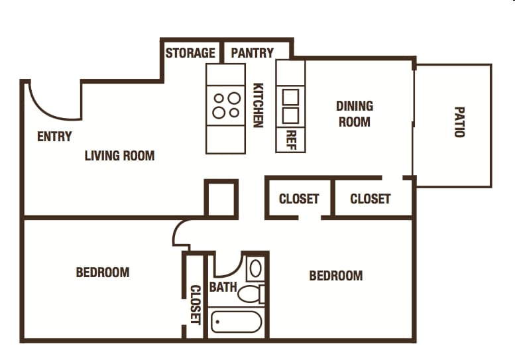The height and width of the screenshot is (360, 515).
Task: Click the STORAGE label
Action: [x=190, y=53]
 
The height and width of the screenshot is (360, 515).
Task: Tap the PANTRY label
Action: [x=253, y=53]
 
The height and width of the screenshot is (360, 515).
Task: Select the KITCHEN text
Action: [x=258, y=105]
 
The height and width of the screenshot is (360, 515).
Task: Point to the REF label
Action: [x=292, y=140]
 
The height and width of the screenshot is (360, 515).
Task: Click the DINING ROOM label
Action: [x=355, y=114]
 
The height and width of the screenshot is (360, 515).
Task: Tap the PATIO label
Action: [x=459, y=122]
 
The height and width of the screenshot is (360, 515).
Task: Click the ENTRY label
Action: [x=54, y=137]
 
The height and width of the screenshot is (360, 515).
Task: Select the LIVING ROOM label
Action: [x=119, y=156]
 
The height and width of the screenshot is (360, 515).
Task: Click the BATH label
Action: [x=223, y=287]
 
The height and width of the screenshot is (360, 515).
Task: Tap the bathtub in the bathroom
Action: [x=237, y=322]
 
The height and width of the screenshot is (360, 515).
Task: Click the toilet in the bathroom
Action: [x=251, y=294]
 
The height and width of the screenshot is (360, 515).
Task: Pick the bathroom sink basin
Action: [x=256, y=269]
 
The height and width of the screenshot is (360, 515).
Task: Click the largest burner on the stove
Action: [x=234, y=98]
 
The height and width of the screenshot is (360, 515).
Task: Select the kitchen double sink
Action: [x=291, y=106]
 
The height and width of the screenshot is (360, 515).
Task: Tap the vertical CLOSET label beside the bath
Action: [x=196, y=304]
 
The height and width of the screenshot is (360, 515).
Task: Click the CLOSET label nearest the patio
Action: [x=371, y=199]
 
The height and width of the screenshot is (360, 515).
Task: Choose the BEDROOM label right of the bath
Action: [x=336, y=276]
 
